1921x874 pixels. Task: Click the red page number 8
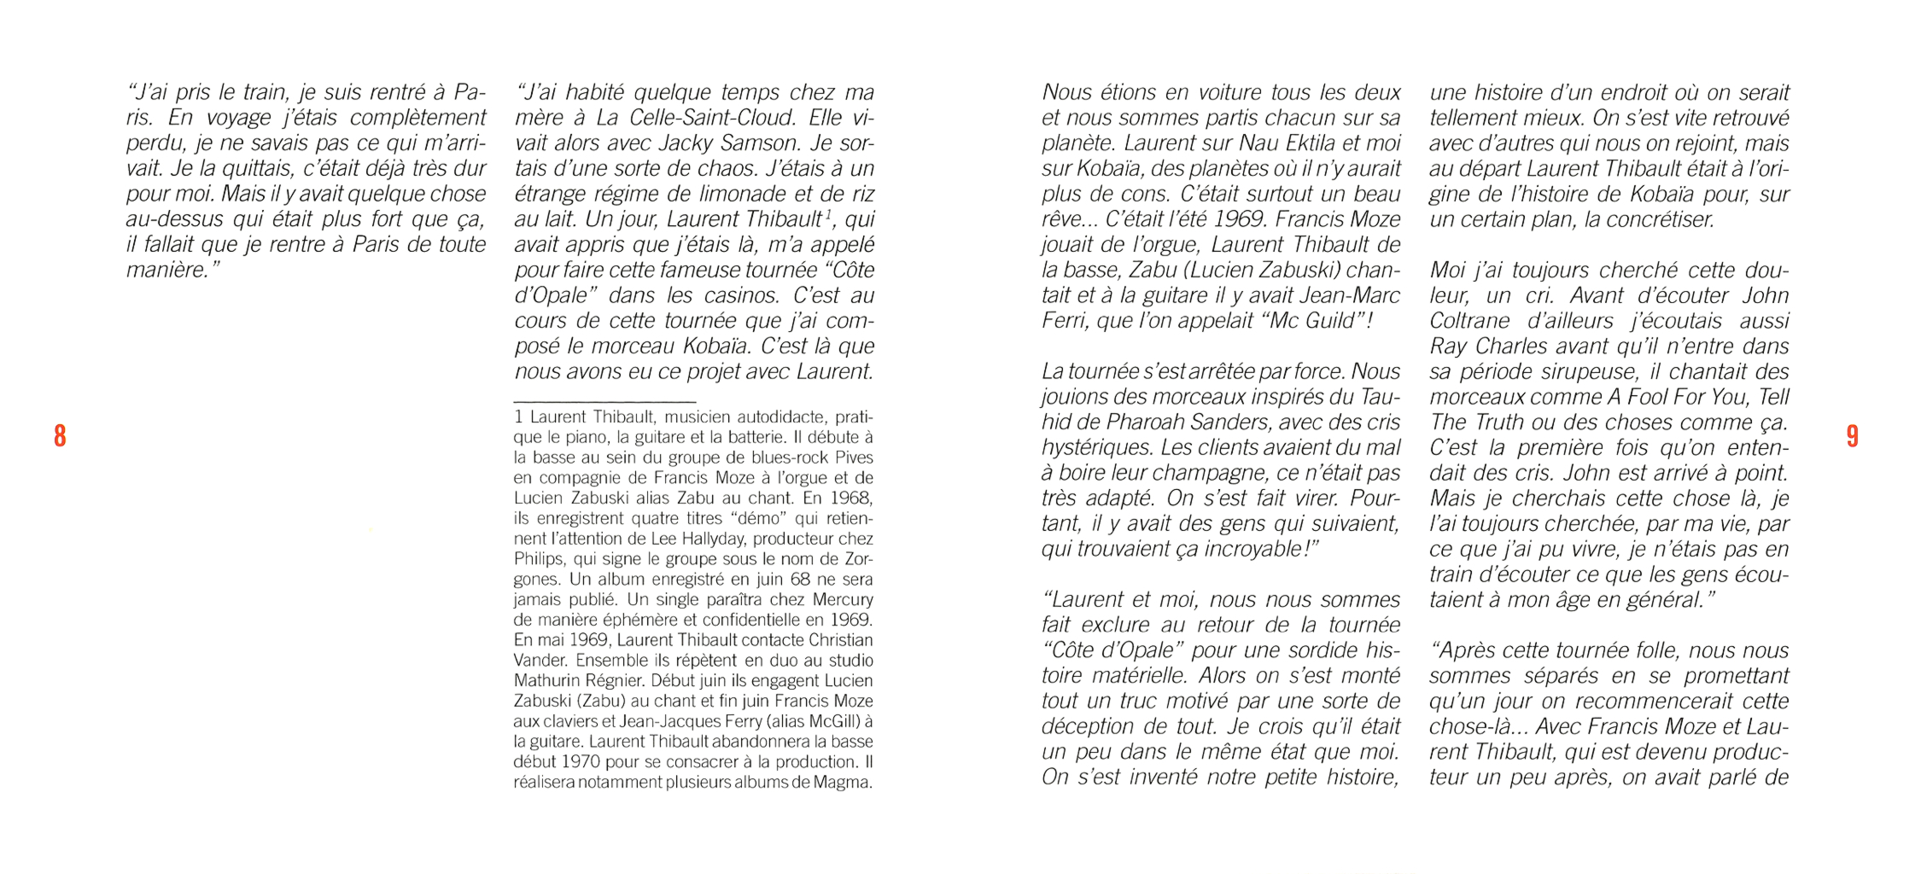[x=60, y=435]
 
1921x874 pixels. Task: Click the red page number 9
[x=1852, y=435]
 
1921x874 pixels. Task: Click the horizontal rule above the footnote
[x=604, y=401]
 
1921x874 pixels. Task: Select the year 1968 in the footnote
[x=850, y=498]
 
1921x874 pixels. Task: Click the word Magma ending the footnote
[x=843, y=783]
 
